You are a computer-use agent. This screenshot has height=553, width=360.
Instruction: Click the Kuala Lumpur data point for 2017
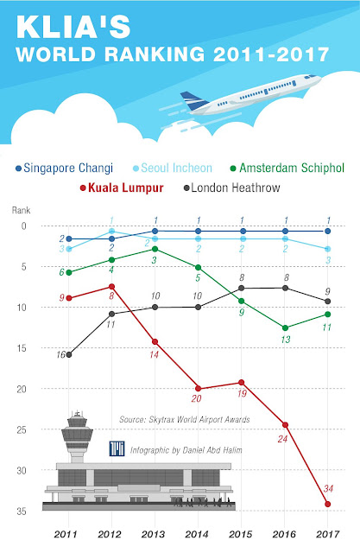pos(328,505)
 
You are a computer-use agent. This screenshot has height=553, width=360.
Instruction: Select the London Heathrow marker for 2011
pos(69,355)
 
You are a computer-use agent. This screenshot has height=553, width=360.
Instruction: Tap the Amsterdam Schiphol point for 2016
pos(285,328)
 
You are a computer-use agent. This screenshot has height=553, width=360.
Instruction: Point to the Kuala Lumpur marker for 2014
pos(198,389)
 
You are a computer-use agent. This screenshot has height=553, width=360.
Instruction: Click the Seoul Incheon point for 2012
pos(111,231)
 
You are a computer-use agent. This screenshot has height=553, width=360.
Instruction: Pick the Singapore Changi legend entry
pos(64,168)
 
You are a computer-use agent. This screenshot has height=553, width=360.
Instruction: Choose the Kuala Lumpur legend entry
pos(122,188)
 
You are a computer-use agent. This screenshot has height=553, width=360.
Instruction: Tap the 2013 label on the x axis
pos(153,534)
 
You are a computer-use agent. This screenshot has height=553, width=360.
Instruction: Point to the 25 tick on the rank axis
pos(22,430)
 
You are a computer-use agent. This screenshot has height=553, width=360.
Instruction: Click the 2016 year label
pos(284,534)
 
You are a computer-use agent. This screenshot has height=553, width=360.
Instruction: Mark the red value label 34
pos(328,488)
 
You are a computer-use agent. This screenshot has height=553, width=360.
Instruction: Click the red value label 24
pos(282,439)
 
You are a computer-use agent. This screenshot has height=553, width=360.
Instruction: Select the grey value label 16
pos(60,354)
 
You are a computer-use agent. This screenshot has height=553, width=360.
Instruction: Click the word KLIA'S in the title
pos(73,27)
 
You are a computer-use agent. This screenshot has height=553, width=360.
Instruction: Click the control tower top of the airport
pos(77,429)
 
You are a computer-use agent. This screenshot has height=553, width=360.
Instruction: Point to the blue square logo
pos(117,448)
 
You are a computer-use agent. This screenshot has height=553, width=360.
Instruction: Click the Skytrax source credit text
pos(185,419)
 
